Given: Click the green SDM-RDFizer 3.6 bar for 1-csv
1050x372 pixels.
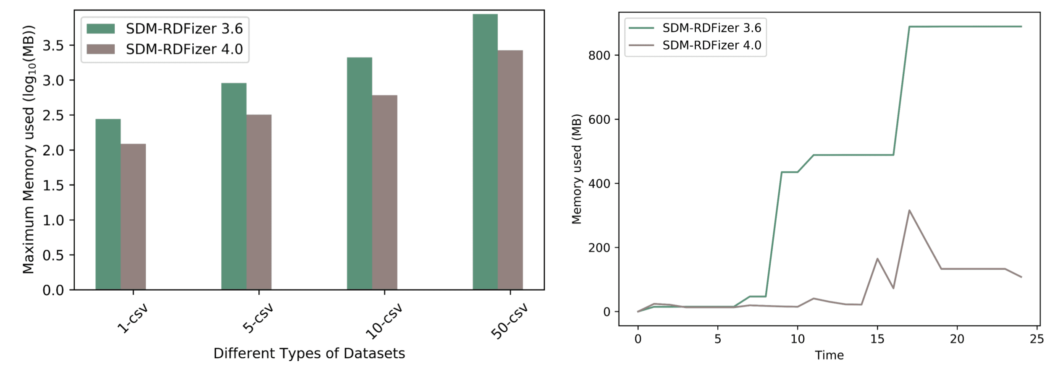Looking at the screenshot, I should coord(108,204).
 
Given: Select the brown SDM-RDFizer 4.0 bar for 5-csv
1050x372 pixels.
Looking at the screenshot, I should coord(259,202).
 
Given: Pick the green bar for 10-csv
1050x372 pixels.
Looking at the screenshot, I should coord(359,173).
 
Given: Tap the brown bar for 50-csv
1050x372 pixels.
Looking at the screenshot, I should coord(510,170).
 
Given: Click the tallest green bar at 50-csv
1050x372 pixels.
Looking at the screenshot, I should coord(485,151).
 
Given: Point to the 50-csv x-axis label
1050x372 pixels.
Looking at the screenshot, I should coord(509,322).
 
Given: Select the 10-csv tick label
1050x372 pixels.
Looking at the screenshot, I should coord(384,322).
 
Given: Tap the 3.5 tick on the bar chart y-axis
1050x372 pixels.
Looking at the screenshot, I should coord(53,45).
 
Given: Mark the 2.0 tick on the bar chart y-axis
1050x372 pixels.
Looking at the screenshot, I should coord(53,150).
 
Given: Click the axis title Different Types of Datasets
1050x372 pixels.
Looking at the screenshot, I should coord(309,354).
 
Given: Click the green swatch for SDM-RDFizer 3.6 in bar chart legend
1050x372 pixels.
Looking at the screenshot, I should coord(101,29).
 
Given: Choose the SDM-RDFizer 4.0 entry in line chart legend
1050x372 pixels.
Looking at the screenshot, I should coord(711,45).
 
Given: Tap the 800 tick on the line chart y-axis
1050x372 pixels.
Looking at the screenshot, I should coord(599,55).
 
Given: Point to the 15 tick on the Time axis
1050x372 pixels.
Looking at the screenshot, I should coord(877,339).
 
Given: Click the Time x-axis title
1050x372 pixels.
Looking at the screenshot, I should coord(829,355).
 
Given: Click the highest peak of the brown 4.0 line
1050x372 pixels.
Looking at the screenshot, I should coord(909,211).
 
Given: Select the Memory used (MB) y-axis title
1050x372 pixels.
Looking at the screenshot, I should coord(577,169).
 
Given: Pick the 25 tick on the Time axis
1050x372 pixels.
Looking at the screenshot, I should coord(1037,339).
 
